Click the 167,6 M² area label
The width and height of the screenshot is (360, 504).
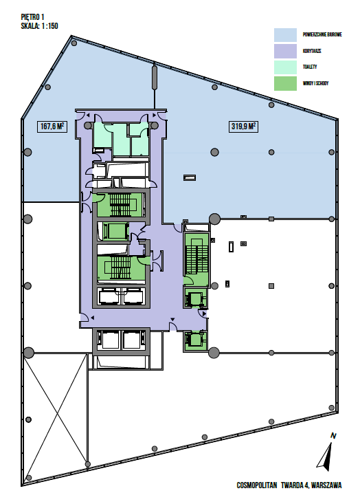[52, 127]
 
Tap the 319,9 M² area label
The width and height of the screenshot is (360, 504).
[243, 127]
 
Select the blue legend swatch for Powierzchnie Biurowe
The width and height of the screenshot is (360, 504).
[285, 35]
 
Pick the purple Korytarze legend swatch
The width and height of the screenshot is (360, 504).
[285, 51]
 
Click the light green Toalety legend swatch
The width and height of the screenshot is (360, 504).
[285, 67]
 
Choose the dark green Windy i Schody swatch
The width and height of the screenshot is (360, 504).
[285, 83]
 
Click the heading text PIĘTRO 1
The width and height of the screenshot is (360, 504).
[32, 17]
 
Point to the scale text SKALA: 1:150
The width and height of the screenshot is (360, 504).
[39, 26]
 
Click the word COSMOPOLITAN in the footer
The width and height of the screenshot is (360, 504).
[256, 485]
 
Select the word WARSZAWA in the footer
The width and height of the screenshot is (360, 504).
[326, 485]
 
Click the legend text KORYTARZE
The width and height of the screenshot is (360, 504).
[312, 51]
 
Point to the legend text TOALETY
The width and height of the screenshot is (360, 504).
[310, 67]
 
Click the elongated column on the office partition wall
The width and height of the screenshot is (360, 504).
[155, 77]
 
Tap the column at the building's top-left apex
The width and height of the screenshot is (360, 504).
[74, 43]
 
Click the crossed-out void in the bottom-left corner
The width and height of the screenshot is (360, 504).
[56, 417]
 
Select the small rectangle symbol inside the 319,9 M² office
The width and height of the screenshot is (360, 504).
[190, 178]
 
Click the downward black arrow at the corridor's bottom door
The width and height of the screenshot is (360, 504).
[172, 320]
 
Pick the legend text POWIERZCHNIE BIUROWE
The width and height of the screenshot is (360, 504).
[322, 34]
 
